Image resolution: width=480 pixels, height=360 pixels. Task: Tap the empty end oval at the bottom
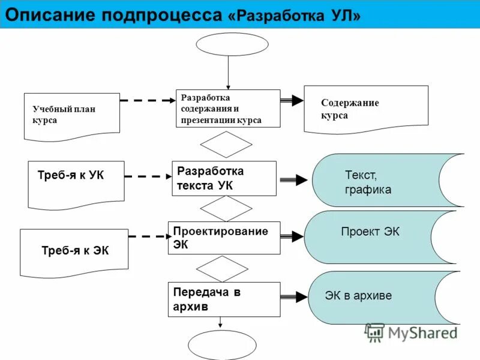(x=222, y=345)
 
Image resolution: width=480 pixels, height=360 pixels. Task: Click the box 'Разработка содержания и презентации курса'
(x=227, y=108)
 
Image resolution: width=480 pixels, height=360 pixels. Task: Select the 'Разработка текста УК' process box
(x=224, y=178)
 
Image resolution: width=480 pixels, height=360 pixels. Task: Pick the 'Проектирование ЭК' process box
(x=224, y=238)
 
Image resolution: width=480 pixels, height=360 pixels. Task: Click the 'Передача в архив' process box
(x=224, y=299)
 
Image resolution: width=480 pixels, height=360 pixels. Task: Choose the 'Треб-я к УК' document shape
(x=76, y=182)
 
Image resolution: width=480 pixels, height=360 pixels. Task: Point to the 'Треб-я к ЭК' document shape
(x=74, y=251)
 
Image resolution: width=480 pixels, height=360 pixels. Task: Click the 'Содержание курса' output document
(x=366, y=109)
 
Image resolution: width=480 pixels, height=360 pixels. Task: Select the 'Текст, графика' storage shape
(x=384, y=181)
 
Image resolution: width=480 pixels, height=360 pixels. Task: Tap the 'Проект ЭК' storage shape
(x=378, y=237)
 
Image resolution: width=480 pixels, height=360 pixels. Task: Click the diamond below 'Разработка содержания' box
(x=226, y=144)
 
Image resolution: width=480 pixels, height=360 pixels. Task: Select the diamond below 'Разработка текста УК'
(x=226, y=208)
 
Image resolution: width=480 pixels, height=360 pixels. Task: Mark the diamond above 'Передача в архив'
(x=223, y=268)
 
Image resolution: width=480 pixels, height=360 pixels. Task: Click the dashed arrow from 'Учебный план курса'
(x=147, y=100)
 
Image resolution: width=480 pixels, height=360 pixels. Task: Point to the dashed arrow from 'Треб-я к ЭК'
(x=149, y=236)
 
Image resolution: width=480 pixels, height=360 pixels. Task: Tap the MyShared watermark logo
(x=411, y=332)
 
